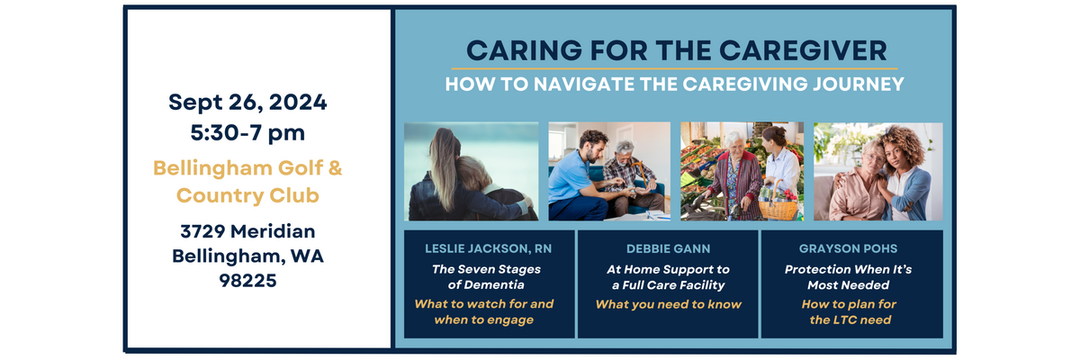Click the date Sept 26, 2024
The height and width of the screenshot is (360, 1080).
(247, 103)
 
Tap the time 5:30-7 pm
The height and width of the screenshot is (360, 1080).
(247, 133)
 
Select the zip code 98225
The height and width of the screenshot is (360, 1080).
(247, 281)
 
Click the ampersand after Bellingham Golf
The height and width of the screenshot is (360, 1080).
(335, 168)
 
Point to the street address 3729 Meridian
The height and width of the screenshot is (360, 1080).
(247, 231)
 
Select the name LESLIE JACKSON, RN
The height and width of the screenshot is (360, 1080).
(488, 248)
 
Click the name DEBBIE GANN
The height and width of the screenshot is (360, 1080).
(668, 248)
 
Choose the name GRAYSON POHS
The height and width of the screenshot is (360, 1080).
(848, 248)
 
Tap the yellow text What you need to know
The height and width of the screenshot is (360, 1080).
(668, 304)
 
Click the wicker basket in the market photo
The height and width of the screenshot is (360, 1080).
(778, 206)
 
